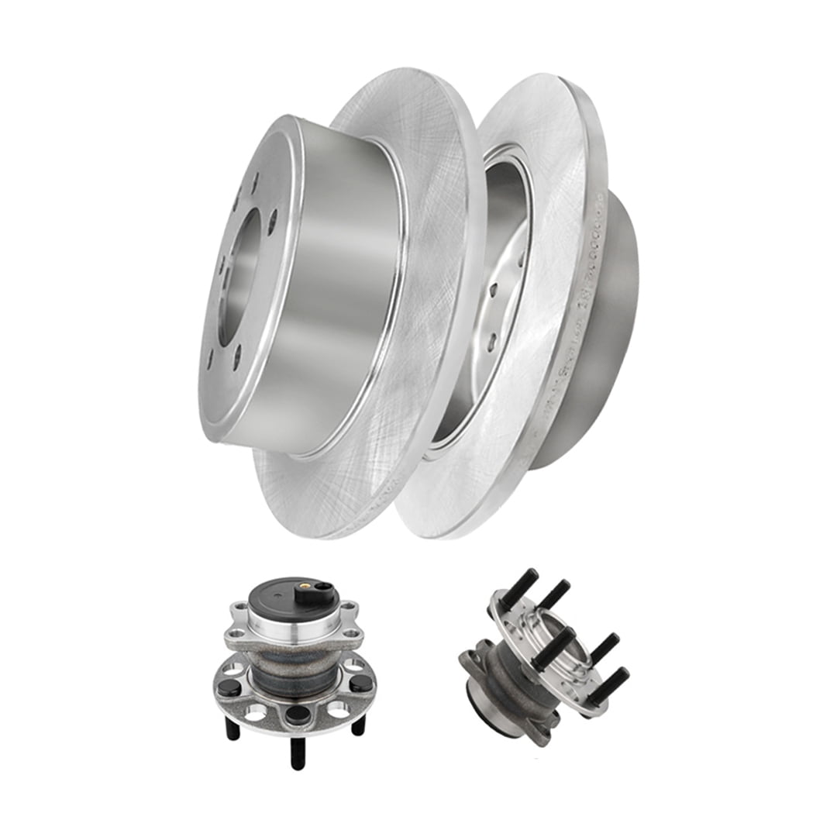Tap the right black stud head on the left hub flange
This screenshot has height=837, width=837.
tap(360, 684)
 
